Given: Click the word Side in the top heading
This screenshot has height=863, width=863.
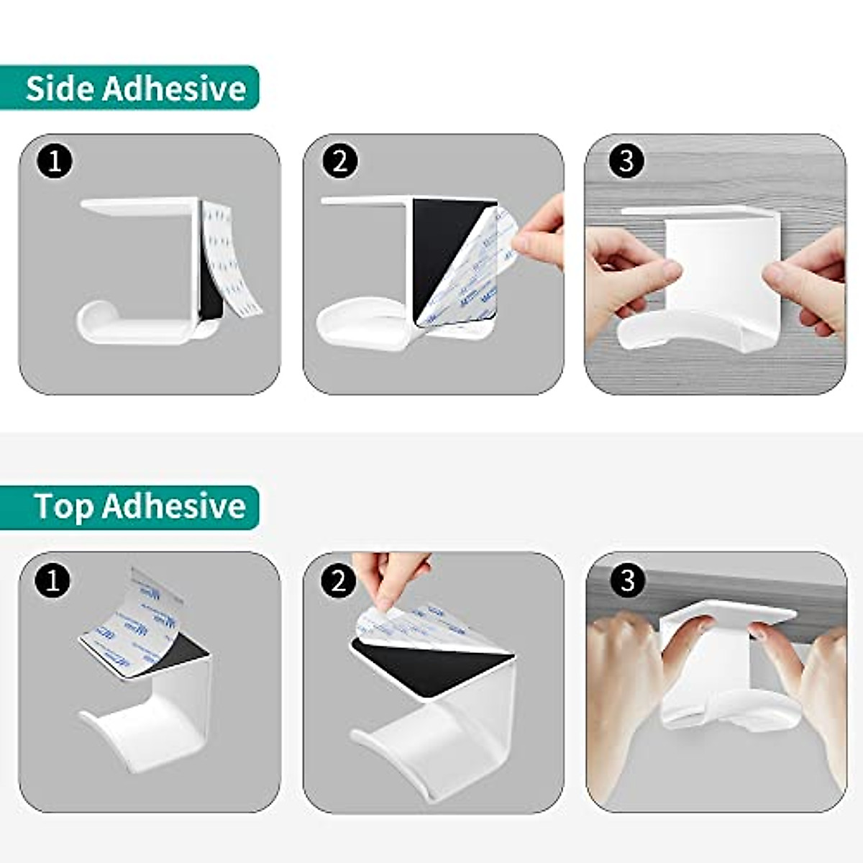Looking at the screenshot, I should pos(60,88).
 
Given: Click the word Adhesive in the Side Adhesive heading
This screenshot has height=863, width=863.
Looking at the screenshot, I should pos(174,88).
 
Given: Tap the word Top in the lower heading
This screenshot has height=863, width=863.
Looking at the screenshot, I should pos(63,506).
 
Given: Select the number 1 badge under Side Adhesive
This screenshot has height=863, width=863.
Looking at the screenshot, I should pos(55,161).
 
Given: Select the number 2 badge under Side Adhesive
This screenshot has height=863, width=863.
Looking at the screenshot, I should pos(339,161).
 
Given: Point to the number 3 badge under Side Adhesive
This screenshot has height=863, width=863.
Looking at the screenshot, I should pos(626,161).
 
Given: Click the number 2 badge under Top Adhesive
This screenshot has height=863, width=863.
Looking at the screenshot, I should pos(339,580).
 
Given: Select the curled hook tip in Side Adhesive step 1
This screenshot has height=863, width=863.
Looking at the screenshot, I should pos(90,316).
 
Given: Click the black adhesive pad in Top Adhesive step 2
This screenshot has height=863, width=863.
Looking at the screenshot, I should pos(424,665).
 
